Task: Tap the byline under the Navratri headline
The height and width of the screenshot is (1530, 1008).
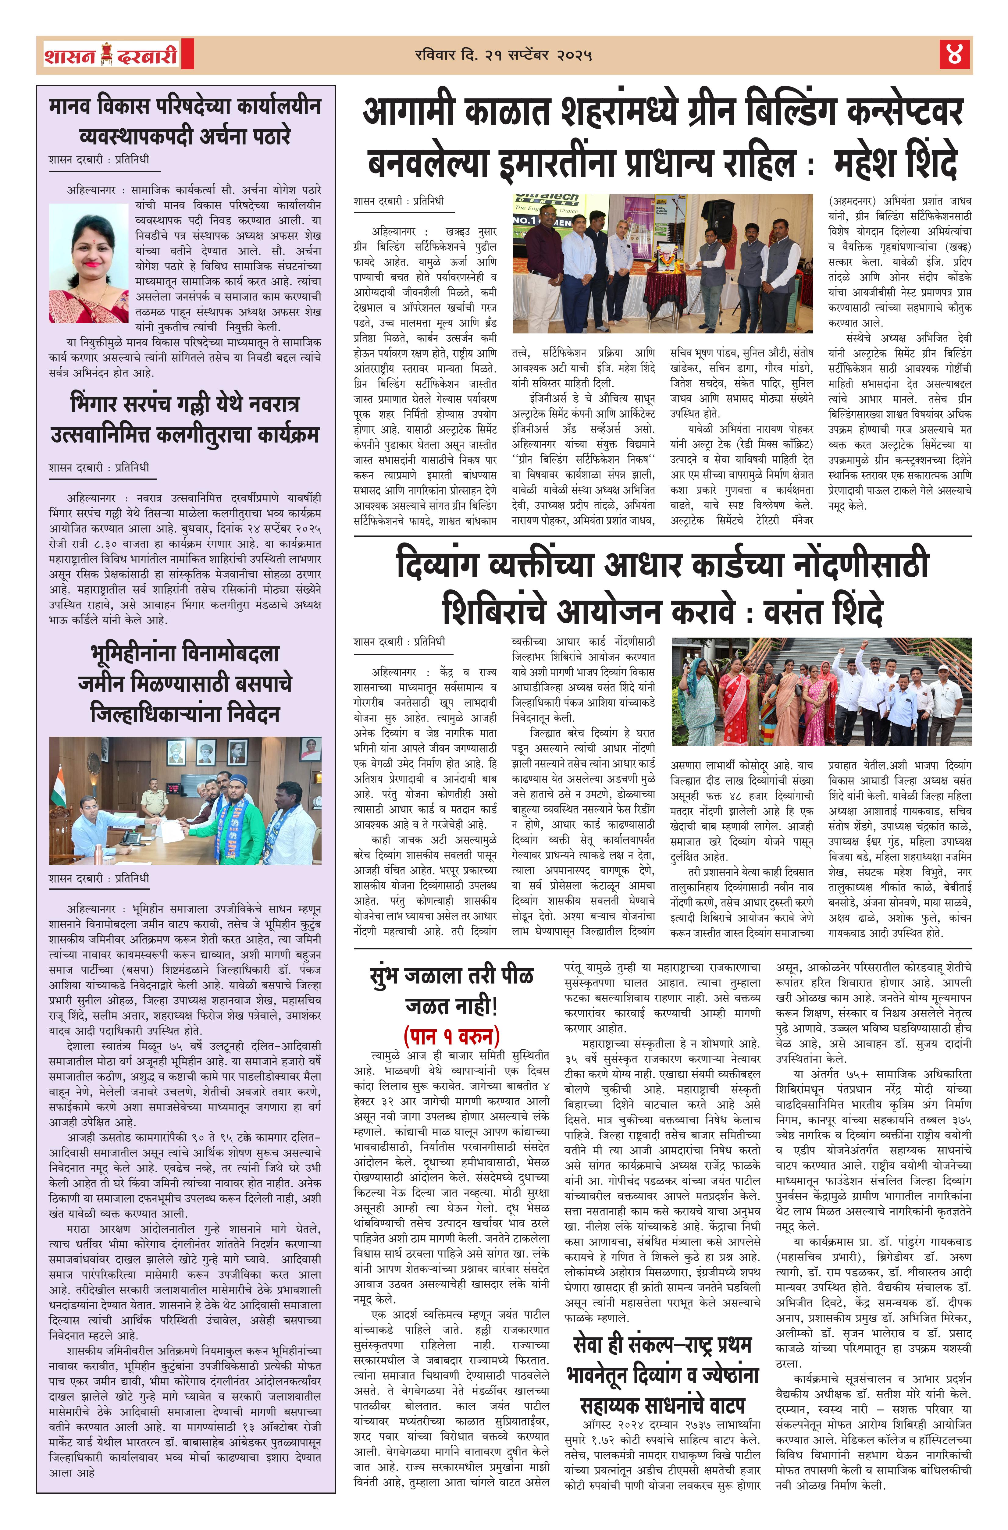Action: [x=99, y=467]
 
